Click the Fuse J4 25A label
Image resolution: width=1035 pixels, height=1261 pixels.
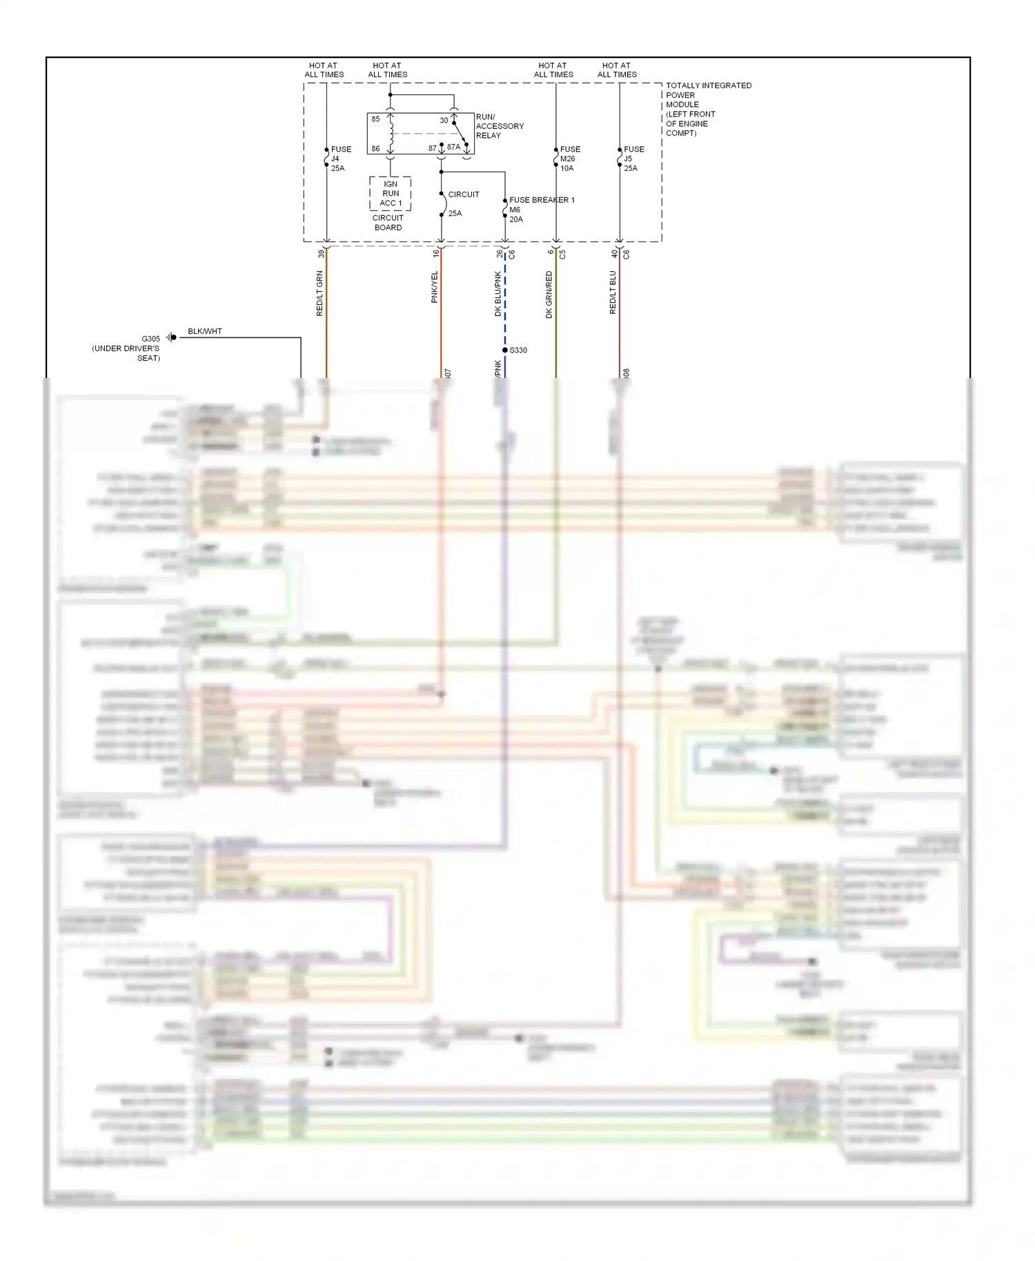click(x=340, y=159)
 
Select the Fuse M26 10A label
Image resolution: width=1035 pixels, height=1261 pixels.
click(x=569, y=159)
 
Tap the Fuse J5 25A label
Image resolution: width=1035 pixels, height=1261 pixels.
click(x=633, y=159)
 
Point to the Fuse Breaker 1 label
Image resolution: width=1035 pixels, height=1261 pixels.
click(x=541, y=200)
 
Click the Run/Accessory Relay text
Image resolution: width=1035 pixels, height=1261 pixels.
click(x=499, y=126)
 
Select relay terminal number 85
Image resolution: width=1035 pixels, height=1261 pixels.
click(x=375, y=119)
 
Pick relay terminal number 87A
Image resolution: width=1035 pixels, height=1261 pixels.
click(x=453, y=147)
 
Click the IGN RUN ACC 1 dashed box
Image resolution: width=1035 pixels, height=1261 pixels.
click(x=391, y=194)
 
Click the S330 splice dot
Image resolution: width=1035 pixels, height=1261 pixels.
click(x=505, y=350)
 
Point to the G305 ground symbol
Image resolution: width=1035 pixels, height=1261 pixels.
click(x=171, y=337)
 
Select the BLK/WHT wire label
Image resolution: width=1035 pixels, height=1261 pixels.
click(x=205, y=331)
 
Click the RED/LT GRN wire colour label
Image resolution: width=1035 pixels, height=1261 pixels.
click(x=319, y=293)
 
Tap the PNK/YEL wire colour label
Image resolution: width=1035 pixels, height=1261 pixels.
click(x=435, y=287)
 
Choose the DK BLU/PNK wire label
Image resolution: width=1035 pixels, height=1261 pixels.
click(x=498, y=293)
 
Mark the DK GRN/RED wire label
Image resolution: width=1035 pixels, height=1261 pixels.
click(x=549, y=295)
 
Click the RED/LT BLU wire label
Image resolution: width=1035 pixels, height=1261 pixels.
click(x=613, y=292)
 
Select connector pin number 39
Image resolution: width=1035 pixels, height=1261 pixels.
click(x=321, y=254)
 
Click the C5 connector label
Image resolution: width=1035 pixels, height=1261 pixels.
click(x=562, y=254)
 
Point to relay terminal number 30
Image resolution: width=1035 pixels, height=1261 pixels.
click(x=444, y=120)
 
